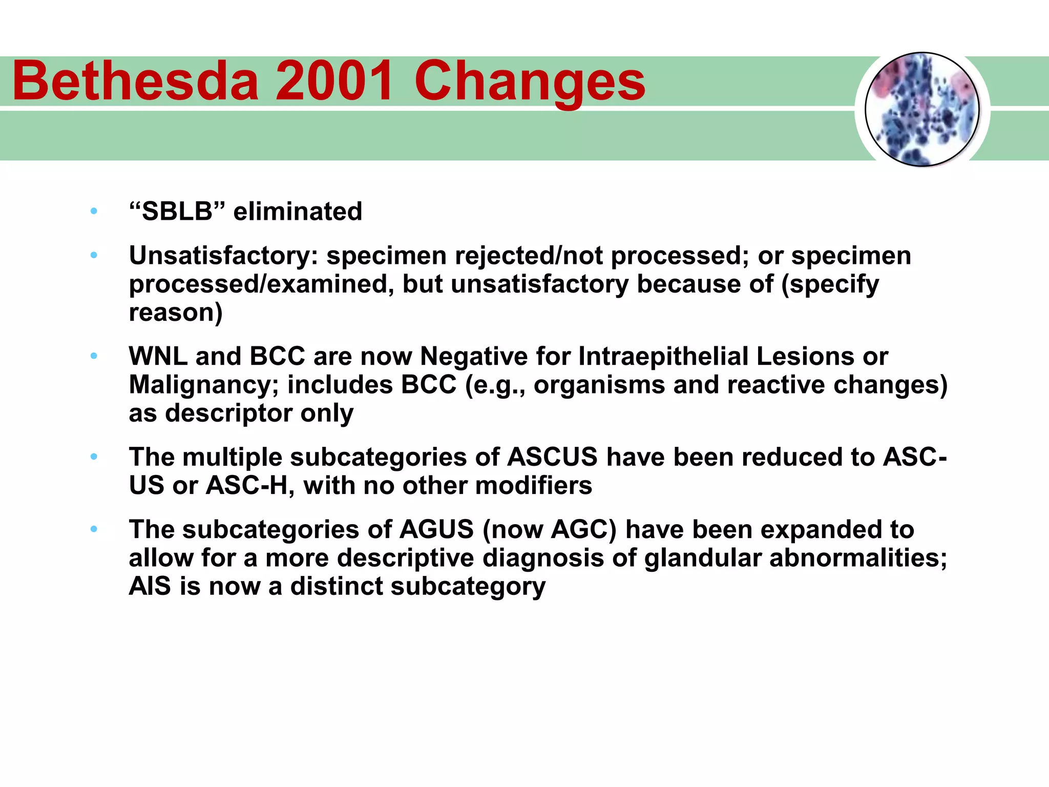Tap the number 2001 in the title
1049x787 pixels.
[335, 81]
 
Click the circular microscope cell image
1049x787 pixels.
[922, 109]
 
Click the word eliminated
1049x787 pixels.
[298, 211]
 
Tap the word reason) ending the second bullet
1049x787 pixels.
[176, 312]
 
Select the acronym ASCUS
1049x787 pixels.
[552, 457]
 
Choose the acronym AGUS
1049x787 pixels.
[436, 529]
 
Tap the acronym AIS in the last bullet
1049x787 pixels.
[150, 586]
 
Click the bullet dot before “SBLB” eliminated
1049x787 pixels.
[94, 211]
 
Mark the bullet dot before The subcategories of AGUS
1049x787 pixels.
[94, 529]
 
